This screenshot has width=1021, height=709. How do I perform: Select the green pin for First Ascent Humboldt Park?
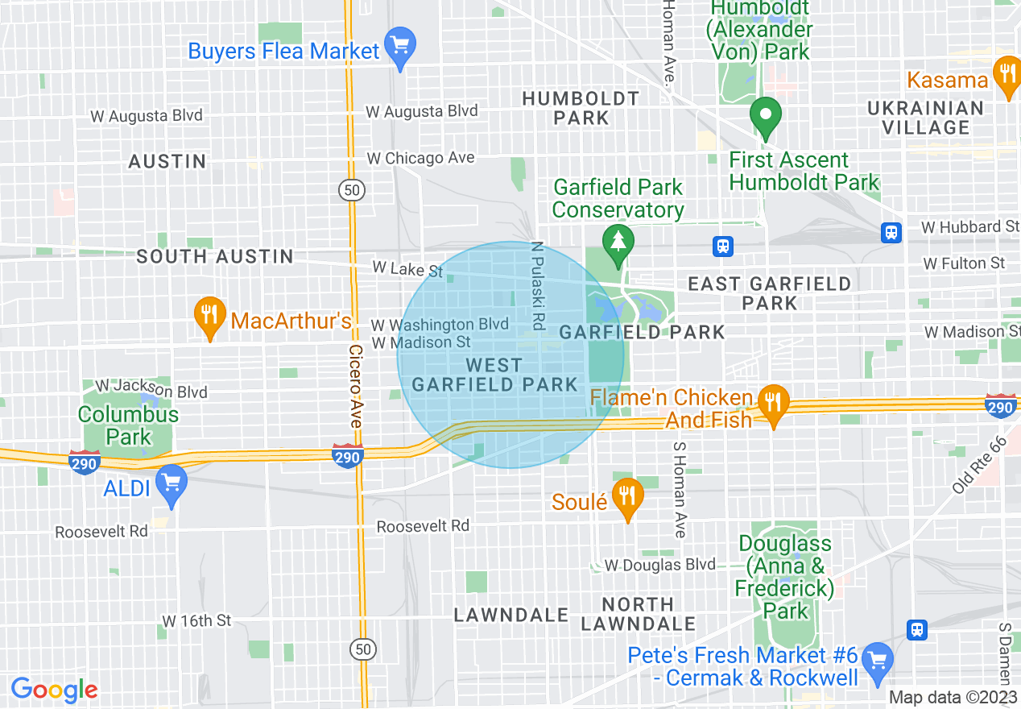click(x=766, y=116)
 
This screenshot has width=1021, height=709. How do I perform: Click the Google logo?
click(x=55, y=690)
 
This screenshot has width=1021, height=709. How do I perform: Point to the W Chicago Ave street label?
click(x=420, y=158)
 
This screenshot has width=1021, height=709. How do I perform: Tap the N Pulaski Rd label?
click(x=538, y=286)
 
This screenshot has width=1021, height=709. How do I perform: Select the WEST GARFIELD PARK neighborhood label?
click(x=494, y=375)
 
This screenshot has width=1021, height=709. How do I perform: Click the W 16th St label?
click(x=196, y=620)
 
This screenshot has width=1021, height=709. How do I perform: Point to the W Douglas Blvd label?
click(x=659, y=565)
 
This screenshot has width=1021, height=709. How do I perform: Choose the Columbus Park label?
click(x=128, y=425)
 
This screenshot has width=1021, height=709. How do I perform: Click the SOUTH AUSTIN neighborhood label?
click(x=214, y=256)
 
